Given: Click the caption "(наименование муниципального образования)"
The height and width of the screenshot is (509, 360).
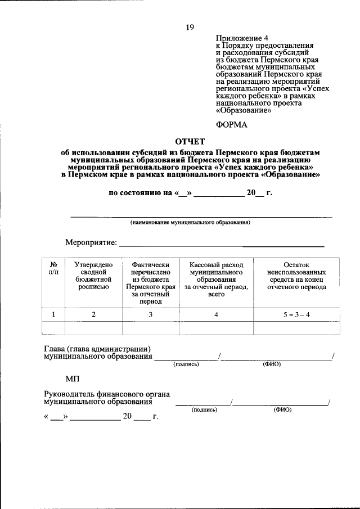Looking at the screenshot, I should [x=190, y=222].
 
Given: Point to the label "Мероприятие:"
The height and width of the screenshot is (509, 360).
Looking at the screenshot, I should [x=91, y=243].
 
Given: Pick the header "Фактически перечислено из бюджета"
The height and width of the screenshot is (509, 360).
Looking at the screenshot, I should [x=150, y=279].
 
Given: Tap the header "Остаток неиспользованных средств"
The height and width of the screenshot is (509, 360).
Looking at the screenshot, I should [x=296, y=276].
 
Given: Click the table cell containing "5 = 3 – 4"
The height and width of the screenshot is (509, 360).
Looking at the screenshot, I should [x=296, y=314].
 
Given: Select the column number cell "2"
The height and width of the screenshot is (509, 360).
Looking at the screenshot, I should [x=94, y=314].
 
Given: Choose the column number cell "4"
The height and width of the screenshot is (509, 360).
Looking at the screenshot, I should [x=216, y=314].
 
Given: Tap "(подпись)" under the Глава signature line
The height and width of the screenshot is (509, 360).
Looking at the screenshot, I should [x=186, y=364].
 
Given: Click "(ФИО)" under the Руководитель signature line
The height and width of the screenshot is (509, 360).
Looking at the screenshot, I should [x=282, y=410].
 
